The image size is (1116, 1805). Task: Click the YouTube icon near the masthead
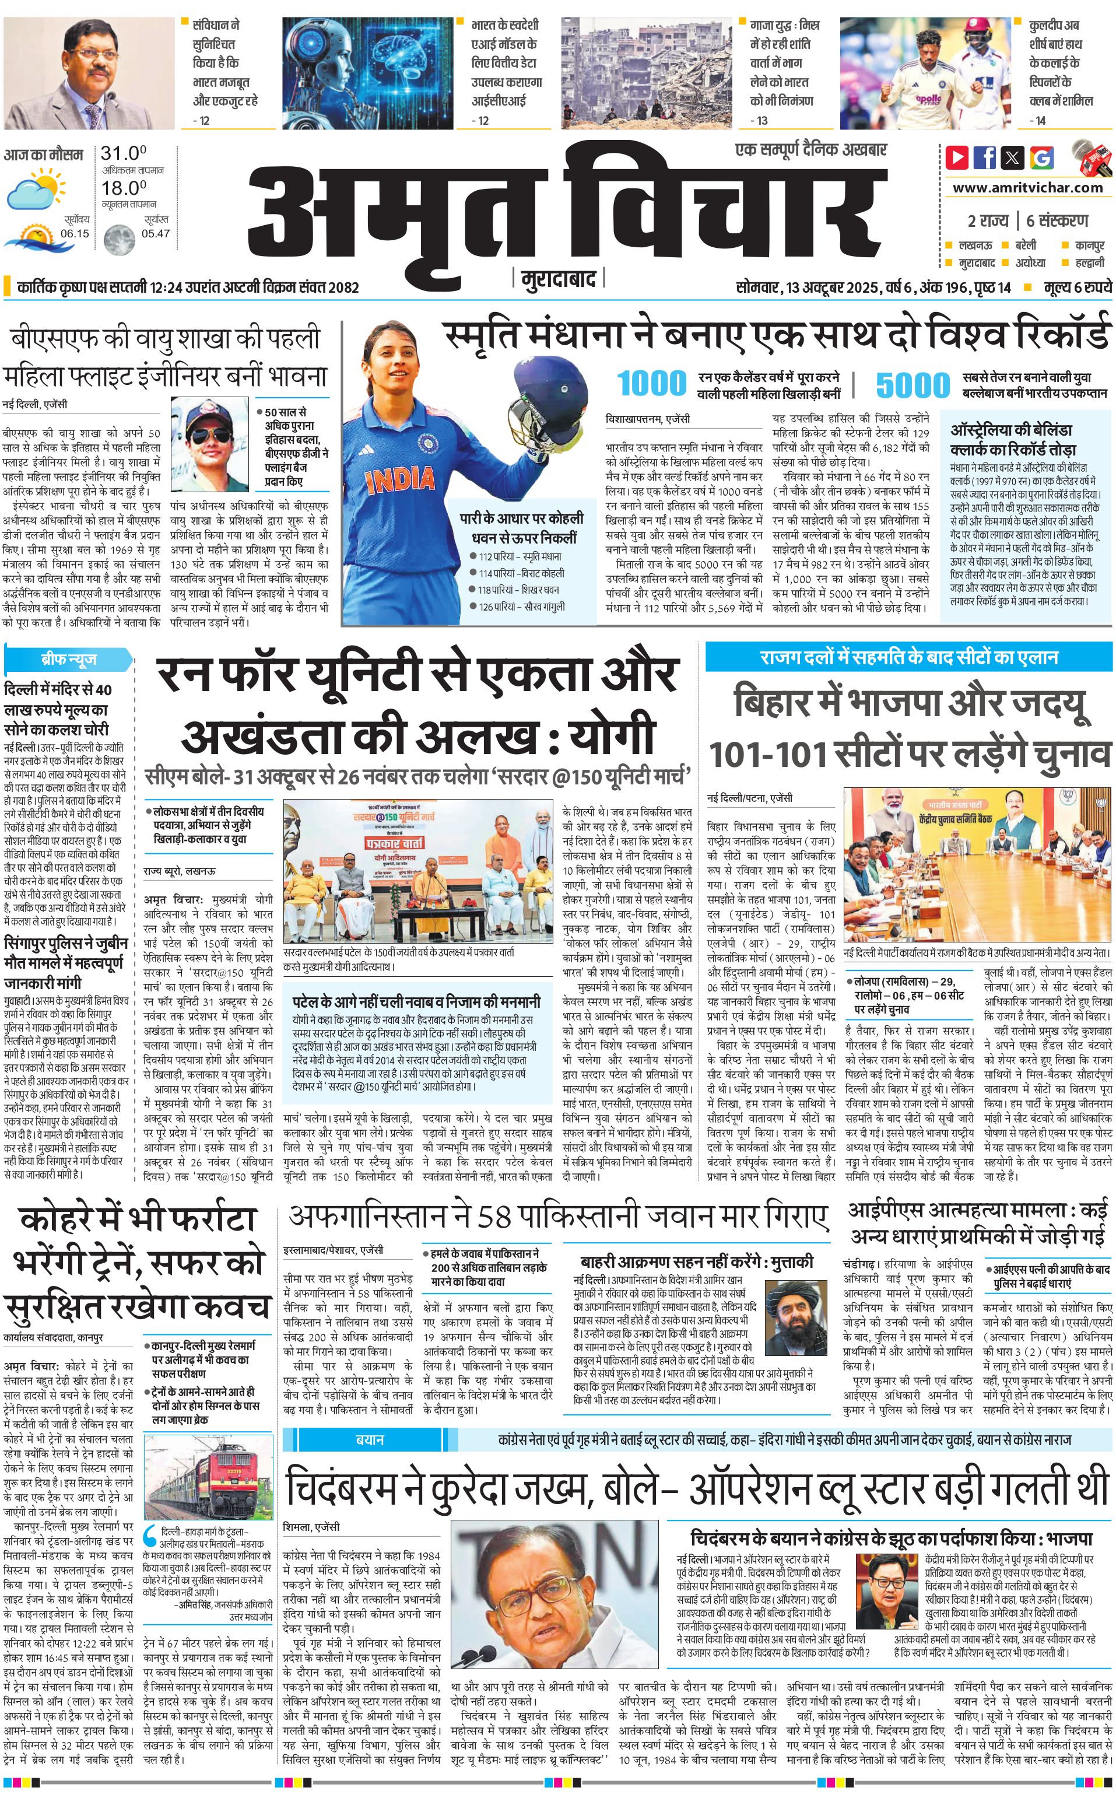pos(957,157)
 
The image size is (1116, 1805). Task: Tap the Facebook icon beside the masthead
pos(985,157)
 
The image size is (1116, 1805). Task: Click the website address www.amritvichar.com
pos(1027,188)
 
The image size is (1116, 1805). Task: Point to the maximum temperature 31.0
pos(123,153)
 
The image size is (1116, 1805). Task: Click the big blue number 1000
pos(652,384)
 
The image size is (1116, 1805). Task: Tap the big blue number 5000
pos(913,385)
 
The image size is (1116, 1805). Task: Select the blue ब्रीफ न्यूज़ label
pos(69,659)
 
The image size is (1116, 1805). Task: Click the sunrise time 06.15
pos(75,233)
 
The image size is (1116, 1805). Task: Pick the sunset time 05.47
pos(156,233)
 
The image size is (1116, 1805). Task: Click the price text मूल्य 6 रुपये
pos(1077,287)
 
